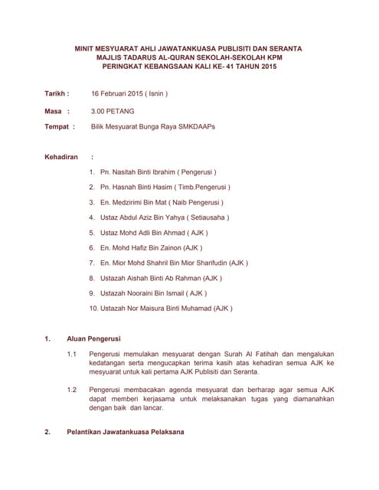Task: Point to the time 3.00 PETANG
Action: pos(113,111)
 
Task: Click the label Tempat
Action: pos(58,127)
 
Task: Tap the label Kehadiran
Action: pos(62,157)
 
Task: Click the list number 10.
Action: pos(93,308)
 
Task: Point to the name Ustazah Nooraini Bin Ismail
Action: pos(142,292)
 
